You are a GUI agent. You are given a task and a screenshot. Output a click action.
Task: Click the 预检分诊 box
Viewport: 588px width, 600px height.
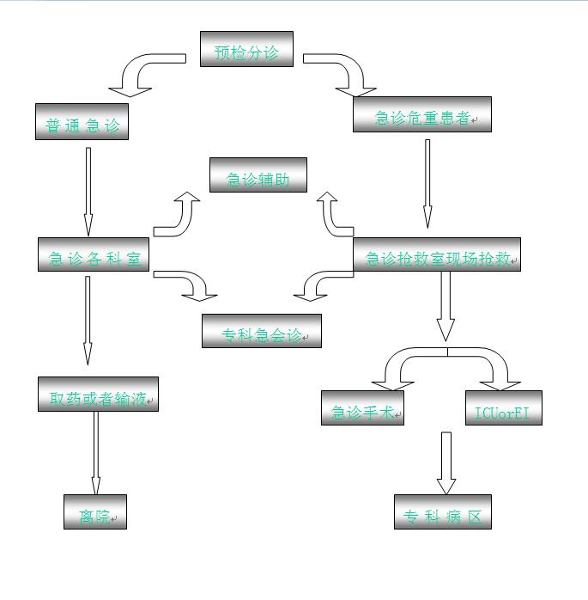(246, 49)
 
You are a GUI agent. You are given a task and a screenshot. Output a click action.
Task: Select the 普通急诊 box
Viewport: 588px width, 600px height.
(82, 122)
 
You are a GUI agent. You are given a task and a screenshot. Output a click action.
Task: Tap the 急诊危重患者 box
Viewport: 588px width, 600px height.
(421, 114)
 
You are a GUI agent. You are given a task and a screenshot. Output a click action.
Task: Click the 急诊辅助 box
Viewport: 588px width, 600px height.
(258, 175)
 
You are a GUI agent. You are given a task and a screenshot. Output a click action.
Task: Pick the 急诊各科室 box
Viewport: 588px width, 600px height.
(94, 254)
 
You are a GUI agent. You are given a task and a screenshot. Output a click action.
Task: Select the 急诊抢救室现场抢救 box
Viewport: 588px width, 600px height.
(437, 254)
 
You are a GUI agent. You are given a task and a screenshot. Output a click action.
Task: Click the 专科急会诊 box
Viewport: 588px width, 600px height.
(261, 331)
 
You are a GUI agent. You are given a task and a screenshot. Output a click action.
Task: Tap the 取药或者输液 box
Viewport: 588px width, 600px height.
(98, 394)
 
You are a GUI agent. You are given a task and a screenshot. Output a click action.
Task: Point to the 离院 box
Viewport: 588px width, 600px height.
(94, 511)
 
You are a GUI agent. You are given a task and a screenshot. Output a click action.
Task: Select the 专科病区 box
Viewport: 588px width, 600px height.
(443, 511)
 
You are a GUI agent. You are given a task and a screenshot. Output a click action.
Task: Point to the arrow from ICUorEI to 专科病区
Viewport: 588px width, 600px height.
(446, 462)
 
